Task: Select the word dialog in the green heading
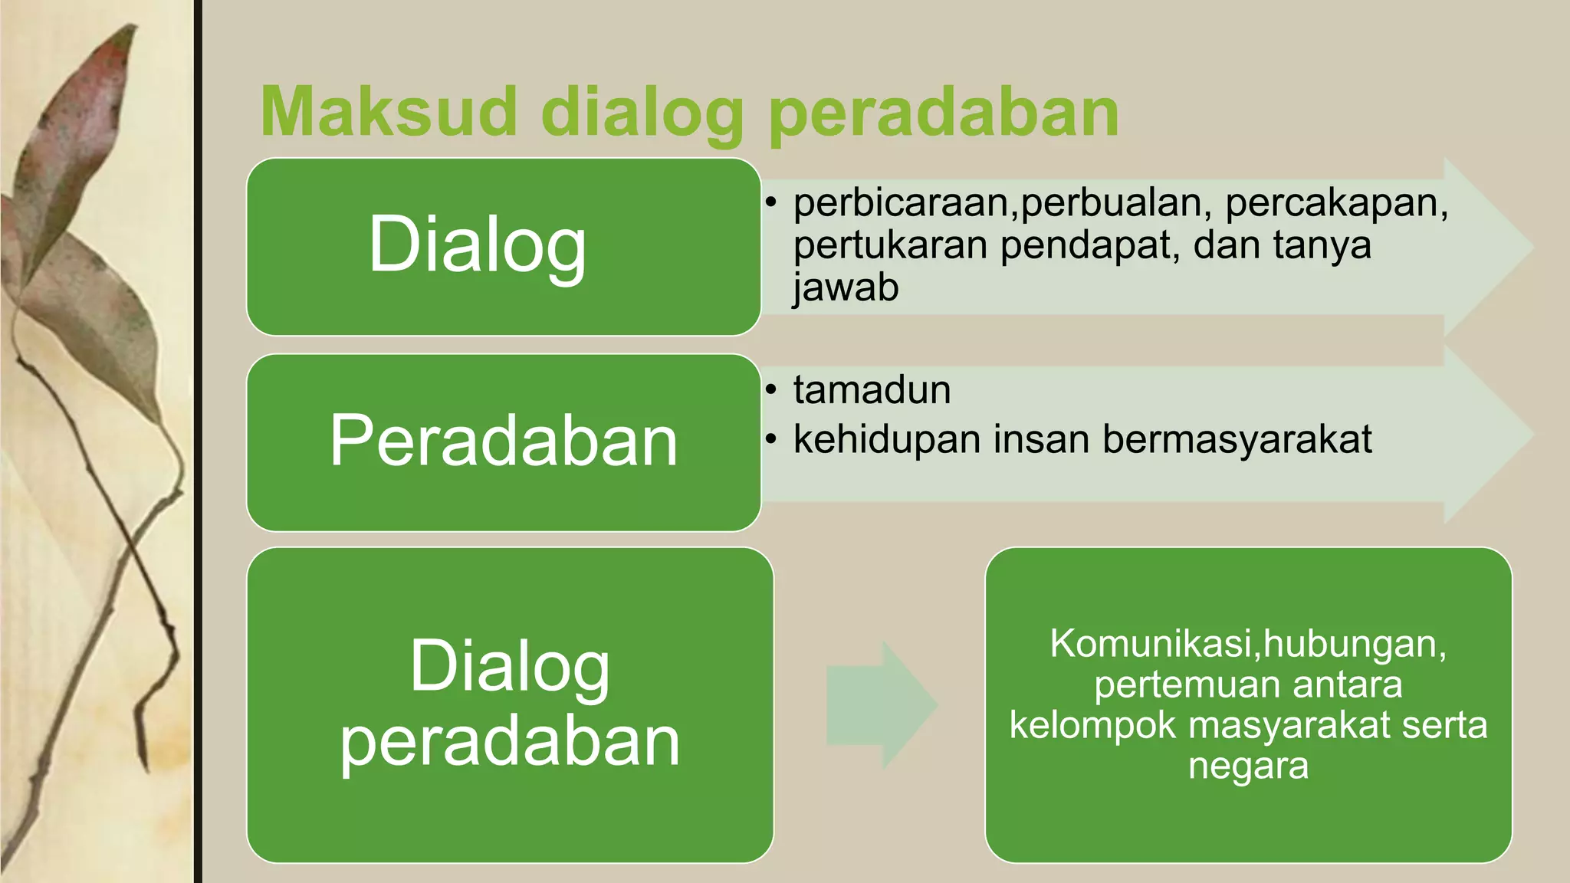point(642,113)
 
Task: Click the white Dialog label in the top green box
point(478,244)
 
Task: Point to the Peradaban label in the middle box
point(504,441)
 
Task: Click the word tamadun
point(872,389)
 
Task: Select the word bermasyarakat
point(1237,439)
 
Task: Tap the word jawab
point(846,287)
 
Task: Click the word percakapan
point(1336,202)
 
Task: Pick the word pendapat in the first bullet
point(1089,245)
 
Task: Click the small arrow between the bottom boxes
point(882,704)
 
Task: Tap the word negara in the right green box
point(1248,765)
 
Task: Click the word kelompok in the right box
point(1092,724)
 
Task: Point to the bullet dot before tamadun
point(771,390)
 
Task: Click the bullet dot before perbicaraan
point(771,203)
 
